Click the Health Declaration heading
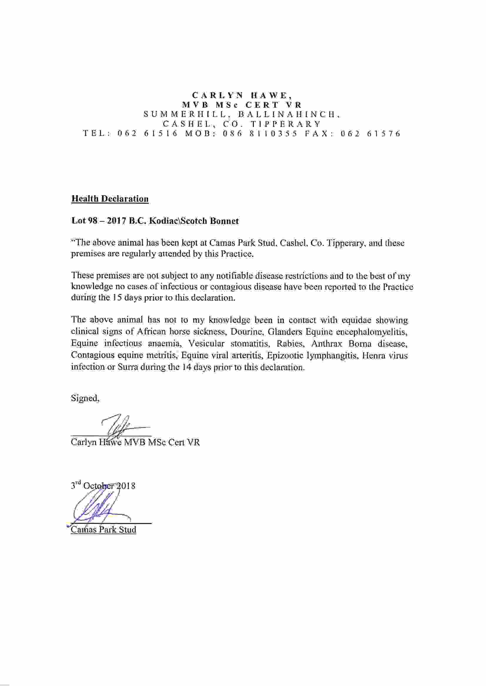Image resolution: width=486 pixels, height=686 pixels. tap(110, 199)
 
